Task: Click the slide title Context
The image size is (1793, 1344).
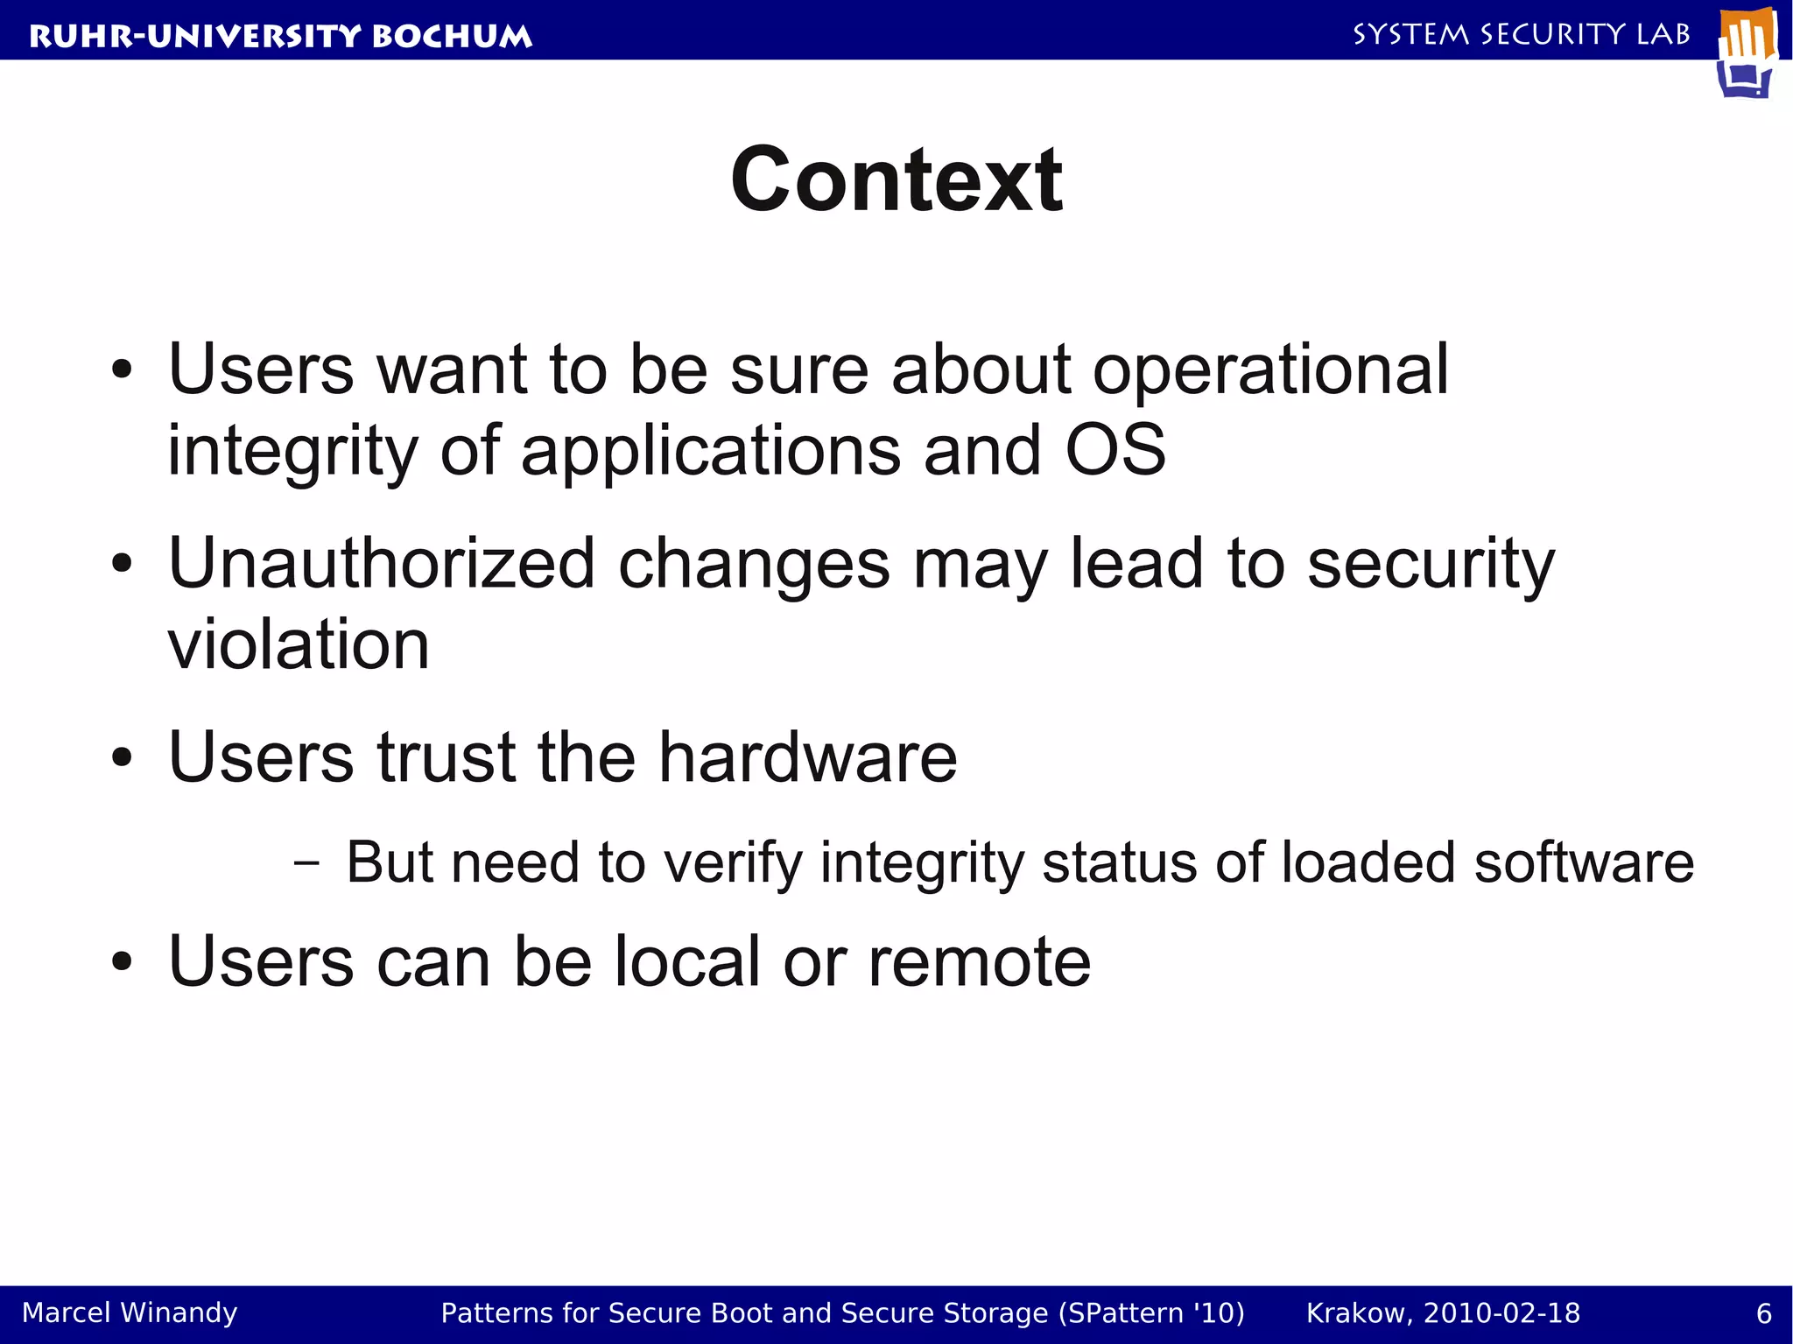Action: click(896, 179)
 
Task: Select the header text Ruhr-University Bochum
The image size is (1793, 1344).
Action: click(280, 36)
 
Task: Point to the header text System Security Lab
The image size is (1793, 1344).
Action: click(1522, 34)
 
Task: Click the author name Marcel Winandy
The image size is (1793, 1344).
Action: click(130, 1313)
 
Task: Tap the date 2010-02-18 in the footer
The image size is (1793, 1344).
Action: click(1502, 1313)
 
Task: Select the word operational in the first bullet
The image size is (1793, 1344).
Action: click(1270, 369)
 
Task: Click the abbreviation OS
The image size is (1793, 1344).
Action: click(1115, 450)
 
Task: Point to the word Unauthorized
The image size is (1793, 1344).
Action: click(382, 563)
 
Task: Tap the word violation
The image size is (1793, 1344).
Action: click(299, 644)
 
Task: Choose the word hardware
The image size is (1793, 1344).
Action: click(807, 756)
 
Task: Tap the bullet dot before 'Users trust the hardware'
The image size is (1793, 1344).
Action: click(122, 758)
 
